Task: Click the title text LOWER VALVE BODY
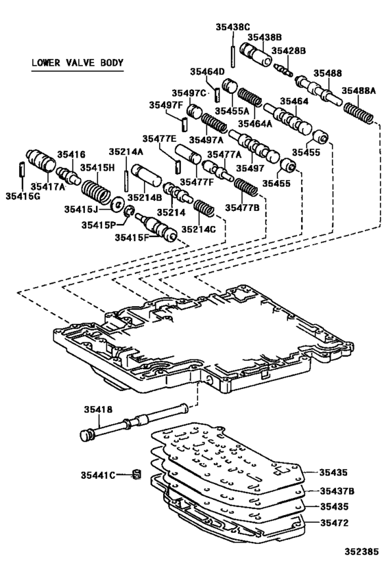tap(77, 64)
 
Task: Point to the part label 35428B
tap(288, 51)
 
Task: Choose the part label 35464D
tap(207, 71)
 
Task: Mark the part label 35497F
tap(166, 105)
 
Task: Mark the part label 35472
tap(335, 523)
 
